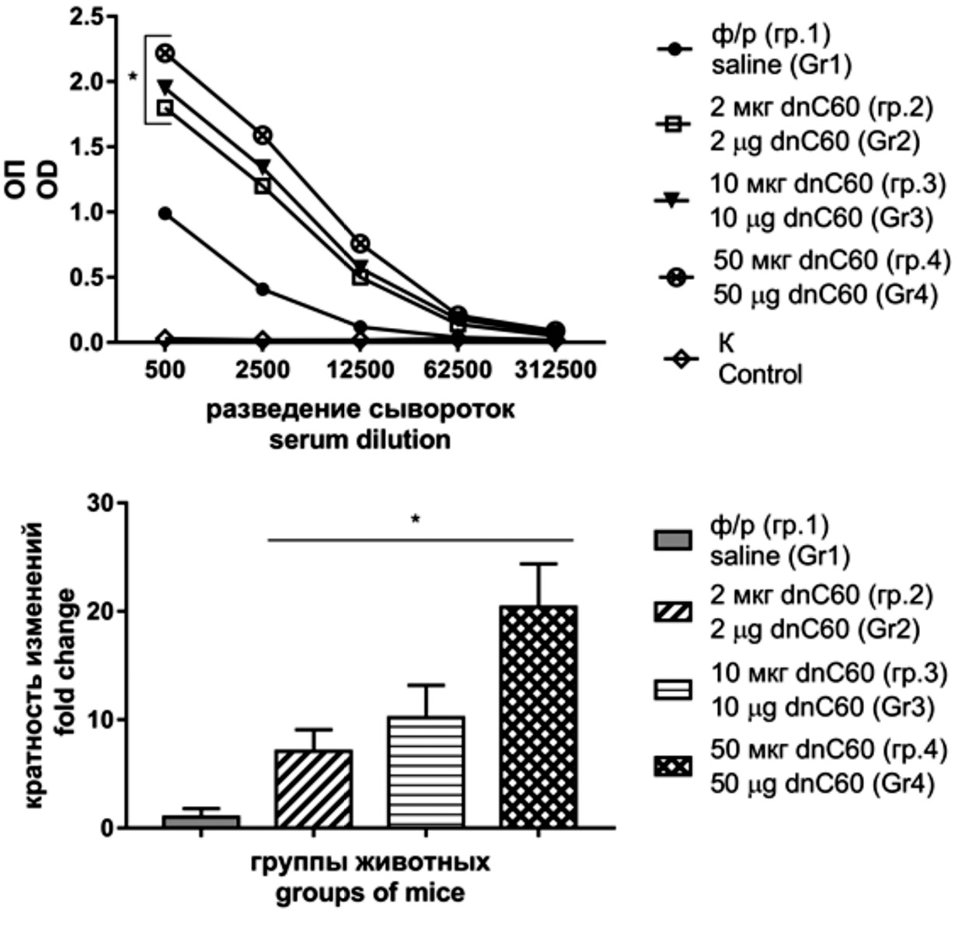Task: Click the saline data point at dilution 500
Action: click(x=165, y=213)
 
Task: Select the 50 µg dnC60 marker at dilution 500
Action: click(x=165, y=53)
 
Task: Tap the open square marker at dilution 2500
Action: click(x=263, y=186)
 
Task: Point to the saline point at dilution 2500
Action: click(x=263, y=289)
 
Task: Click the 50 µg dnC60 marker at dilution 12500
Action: click(x=360, y=243)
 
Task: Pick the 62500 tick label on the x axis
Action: click(x=458, y=369)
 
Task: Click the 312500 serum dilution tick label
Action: click(x=556, y=369)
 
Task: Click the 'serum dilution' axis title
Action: click(x=360, y=439)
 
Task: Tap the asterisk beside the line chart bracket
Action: click(x=133, y=78)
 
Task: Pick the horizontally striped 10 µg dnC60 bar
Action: click(x=426, y=771)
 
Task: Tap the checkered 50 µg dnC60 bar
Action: click(x=539, y=716)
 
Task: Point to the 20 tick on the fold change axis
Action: click(x=99, y=611)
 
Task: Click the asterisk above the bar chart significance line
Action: click(x=416, y=519)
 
